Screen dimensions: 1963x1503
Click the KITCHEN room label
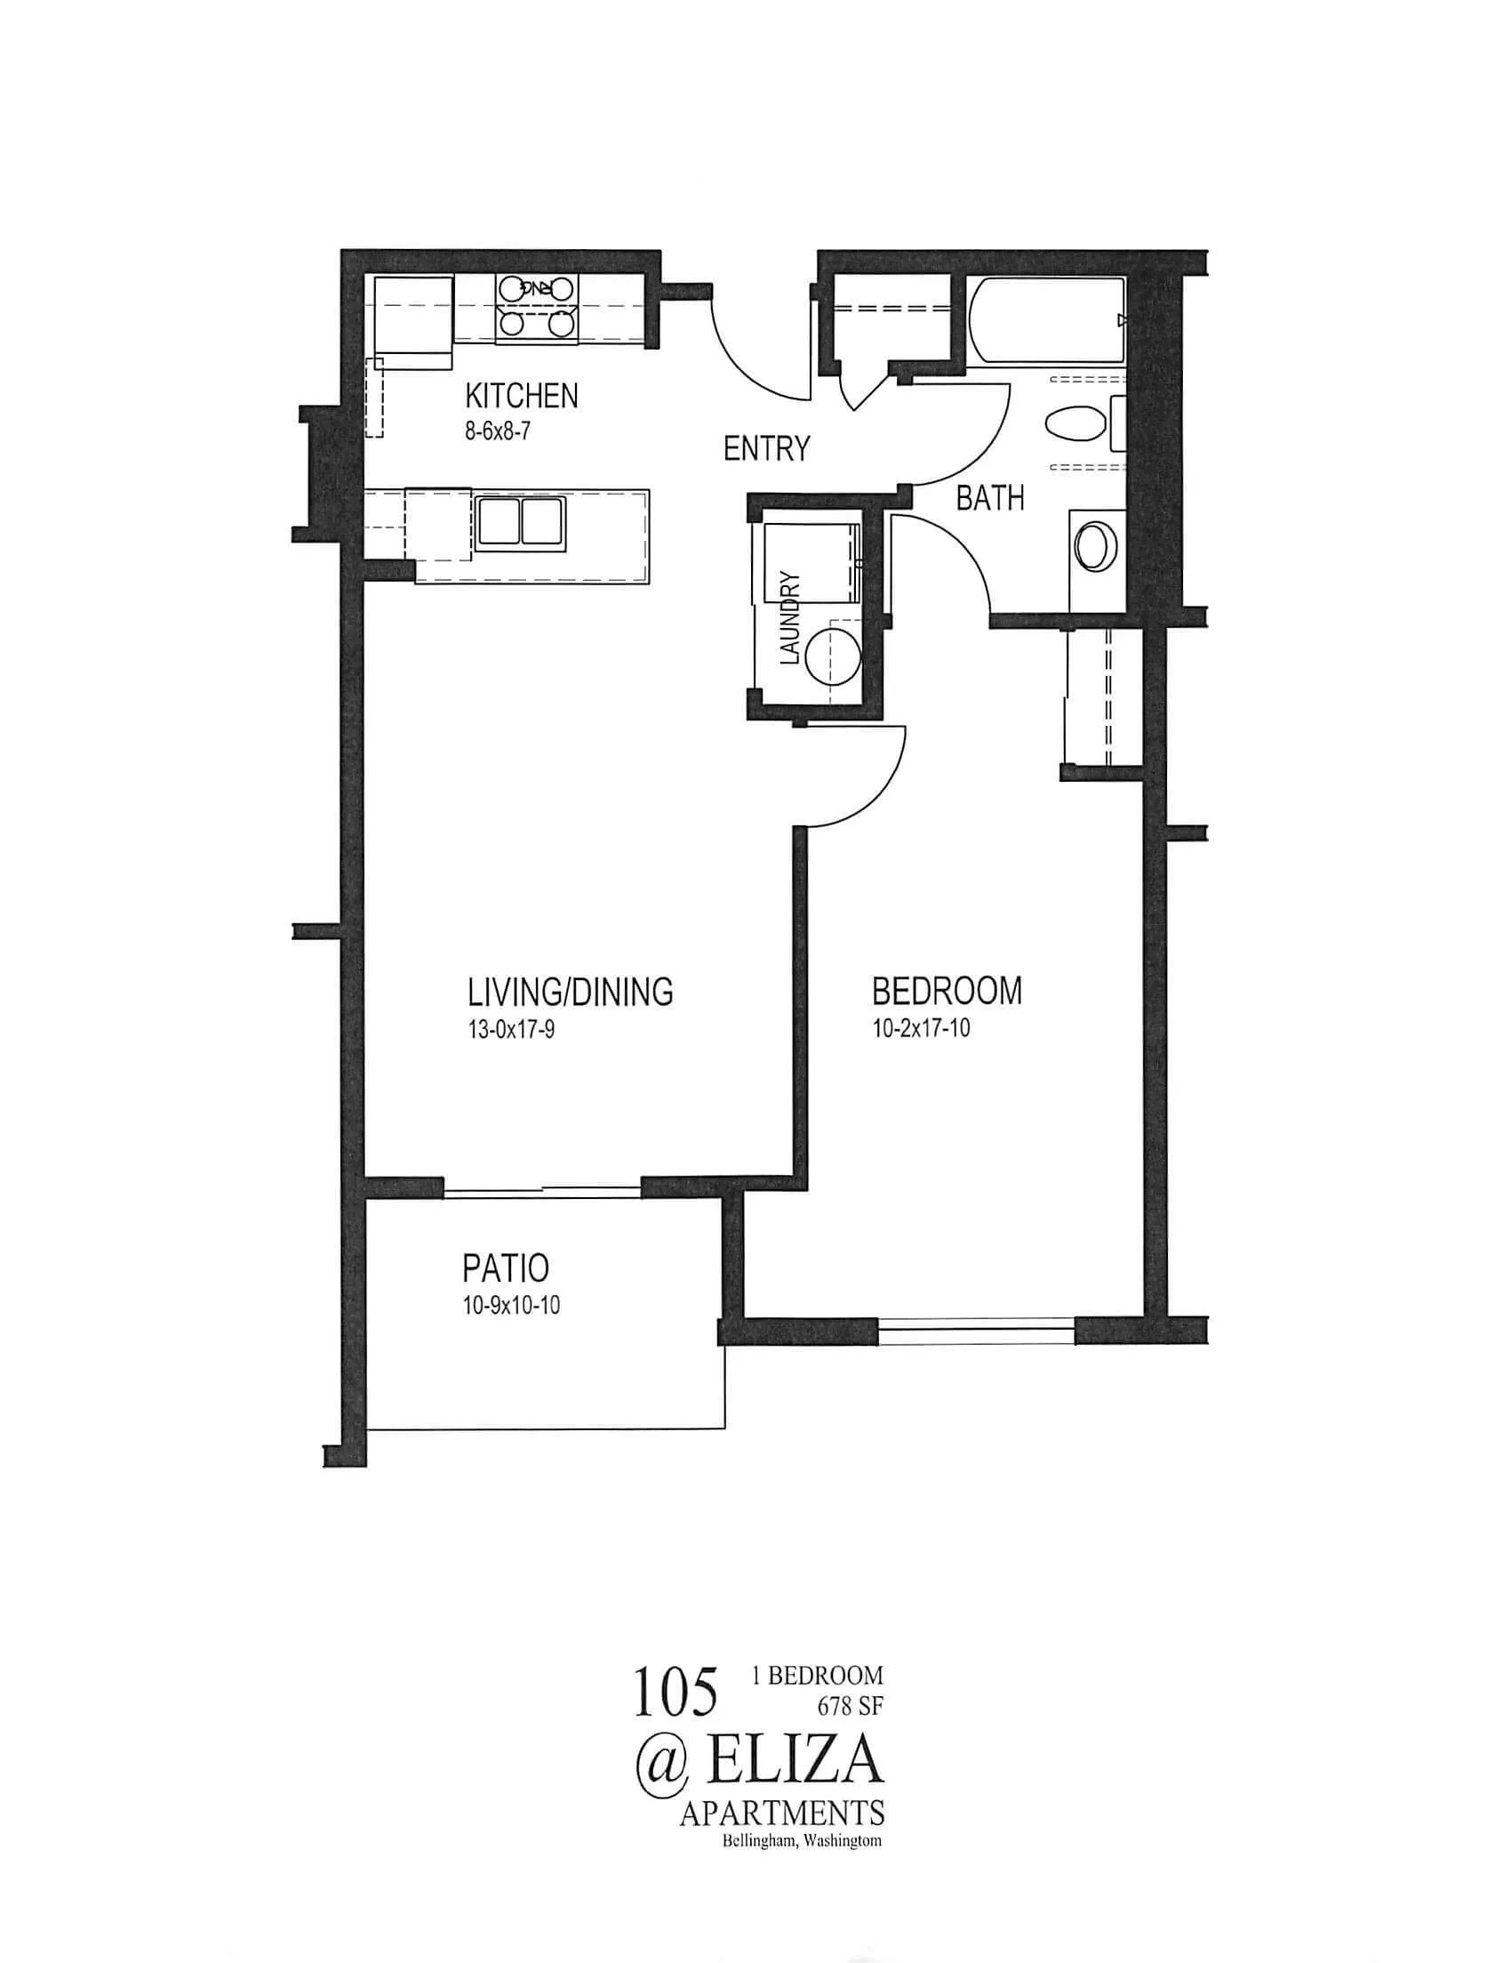pyautogui.click(x=521, y=396)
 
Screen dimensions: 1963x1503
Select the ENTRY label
pyautogui.click(x=766, y=448)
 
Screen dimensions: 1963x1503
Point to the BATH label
pyautogui.click(x=989, y=498)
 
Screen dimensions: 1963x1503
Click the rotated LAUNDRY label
pyautogui.click(x=789, y=617)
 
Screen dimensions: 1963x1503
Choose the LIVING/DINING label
pyautogui.click(x=570, y=992)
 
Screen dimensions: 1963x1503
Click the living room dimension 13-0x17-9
pyautogui.click(x=511, y=1030)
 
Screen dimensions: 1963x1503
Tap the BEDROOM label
pyautogui.click(x=947, y=991)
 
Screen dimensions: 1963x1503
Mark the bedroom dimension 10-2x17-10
pyautogui.click(x=922, y=1029)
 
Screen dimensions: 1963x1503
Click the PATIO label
pyautogui.click(x=506, y=1268)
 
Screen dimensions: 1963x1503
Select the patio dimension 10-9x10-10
pyautogui.click(x=512, y=1306)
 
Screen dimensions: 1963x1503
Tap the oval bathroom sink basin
pyautogui.click(x=1094, y=547)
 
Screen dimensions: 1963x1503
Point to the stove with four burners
pyautogui.click(x=536, y=307)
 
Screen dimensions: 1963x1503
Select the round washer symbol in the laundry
pyautogui.click(x=832, y=656)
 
